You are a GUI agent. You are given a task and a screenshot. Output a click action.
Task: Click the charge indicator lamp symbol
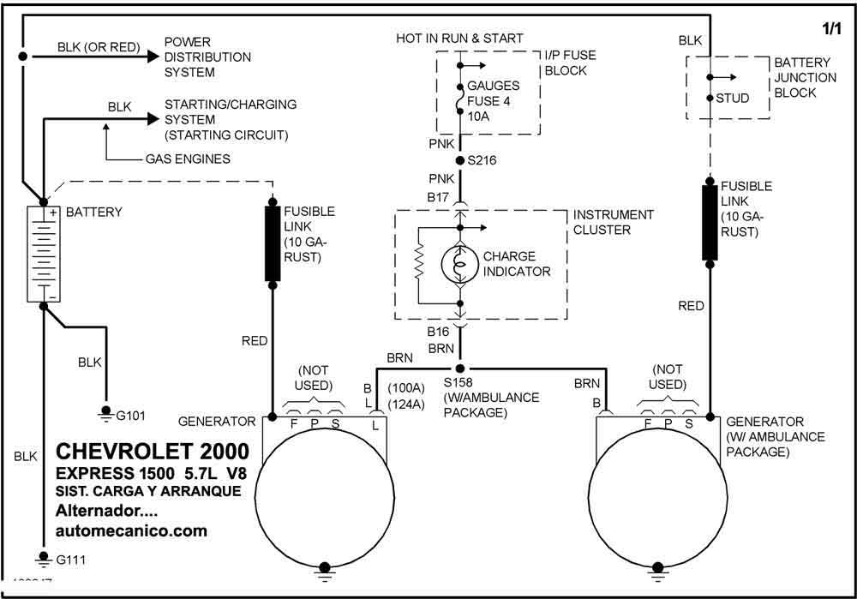click(x=460, y=265)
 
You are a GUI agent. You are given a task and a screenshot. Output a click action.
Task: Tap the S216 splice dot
click(x=460, y=161)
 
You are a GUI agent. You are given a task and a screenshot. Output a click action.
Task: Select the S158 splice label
click(x=458, y=382)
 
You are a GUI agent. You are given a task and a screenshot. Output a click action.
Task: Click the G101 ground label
click(x=130, y=416)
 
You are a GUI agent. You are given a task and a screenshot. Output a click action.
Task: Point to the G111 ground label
click(x=70, y=560)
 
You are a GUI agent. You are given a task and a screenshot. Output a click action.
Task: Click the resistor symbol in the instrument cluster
click(x=420, y=261)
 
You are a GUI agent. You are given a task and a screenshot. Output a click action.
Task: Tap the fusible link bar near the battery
click(x=273, y=243)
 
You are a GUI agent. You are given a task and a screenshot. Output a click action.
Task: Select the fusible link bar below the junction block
click(x=710, y=223)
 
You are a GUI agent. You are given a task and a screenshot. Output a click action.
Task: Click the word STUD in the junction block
click(x=733, y=99)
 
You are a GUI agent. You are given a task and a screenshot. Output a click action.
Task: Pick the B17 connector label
click(x=438, y=197)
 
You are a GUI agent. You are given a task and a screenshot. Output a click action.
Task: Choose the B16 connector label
click(x=438, y=332)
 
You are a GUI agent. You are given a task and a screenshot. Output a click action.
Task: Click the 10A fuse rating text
click(x=478, y=117)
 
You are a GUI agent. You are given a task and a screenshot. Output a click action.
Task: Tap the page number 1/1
click(x=831, y=29)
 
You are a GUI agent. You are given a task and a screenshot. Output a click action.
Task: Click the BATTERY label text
click(x=94, y=212)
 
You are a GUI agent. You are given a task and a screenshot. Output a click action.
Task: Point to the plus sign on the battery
click(x=53, y=213)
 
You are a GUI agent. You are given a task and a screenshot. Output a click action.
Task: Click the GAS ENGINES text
click(x=188, y=159)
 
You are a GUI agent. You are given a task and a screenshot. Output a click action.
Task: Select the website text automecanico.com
click(x=131, y=530)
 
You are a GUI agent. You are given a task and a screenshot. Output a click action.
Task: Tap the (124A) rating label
click(x=406, y=405)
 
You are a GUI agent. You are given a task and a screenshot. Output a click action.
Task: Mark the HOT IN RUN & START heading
click(x=459, y=39)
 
